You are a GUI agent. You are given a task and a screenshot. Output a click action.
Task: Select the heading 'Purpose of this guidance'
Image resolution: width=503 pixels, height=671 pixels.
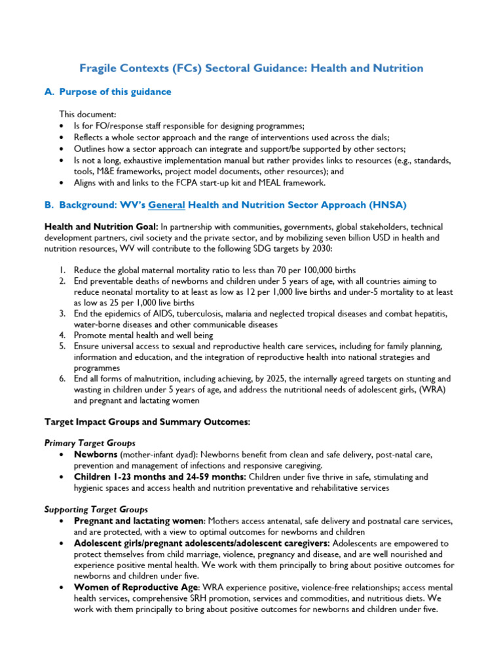pyautogui.click(x=115, y=92)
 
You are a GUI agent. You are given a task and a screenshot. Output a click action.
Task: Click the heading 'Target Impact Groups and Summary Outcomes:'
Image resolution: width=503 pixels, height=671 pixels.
pyautogui.click(x=147, y=422)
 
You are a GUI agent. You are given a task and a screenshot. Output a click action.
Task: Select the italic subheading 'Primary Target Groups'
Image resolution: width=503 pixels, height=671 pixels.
pyautogui.click(x=90, y=444)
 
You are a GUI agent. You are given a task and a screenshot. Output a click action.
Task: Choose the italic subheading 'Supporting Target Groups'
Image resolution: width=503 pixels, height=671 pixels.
pyautogui.click(x=96, y=509)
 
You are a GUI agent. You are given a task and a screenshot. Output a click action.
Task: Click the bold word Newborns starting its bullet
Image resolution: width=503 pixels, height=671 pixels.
pyautogui.click(x=96, y=454)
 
